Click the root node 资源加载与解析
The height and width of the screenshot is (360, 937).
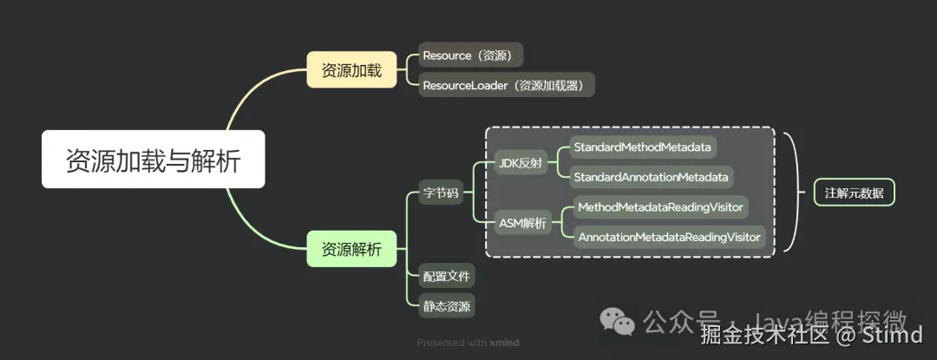pos(154,160)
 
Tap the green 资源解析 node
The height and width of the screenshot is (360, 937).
pos(351,250)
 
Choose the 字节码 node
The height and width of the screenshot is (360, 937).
pos(440,193)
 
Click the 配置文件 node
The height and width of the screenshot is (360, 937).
pos(446,277)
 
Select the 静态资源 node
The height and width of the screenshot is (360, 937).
pos(446,305)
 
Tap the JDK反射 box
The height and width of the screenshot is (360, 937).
pos(522,162)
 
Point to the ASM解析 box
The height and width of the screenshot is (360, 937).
pos(523,223)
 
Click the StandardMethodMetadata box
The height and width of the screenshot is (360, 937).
pos(643,147)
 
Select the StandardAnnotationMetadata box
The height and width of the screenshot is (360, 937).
pos(651,177)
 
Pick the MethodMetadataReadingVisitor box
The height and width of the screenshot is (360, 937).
pos(659,207)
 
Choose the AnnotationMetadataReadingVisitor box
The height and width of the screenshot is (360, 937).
pos(669,237)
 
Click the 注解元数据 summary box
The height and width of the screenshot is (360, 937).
pos(854,193)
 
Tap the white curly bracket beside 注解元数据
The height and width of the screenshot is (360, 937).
pos(790,193)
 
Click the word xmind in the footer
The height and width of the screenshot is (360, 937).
pos(503,343)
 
